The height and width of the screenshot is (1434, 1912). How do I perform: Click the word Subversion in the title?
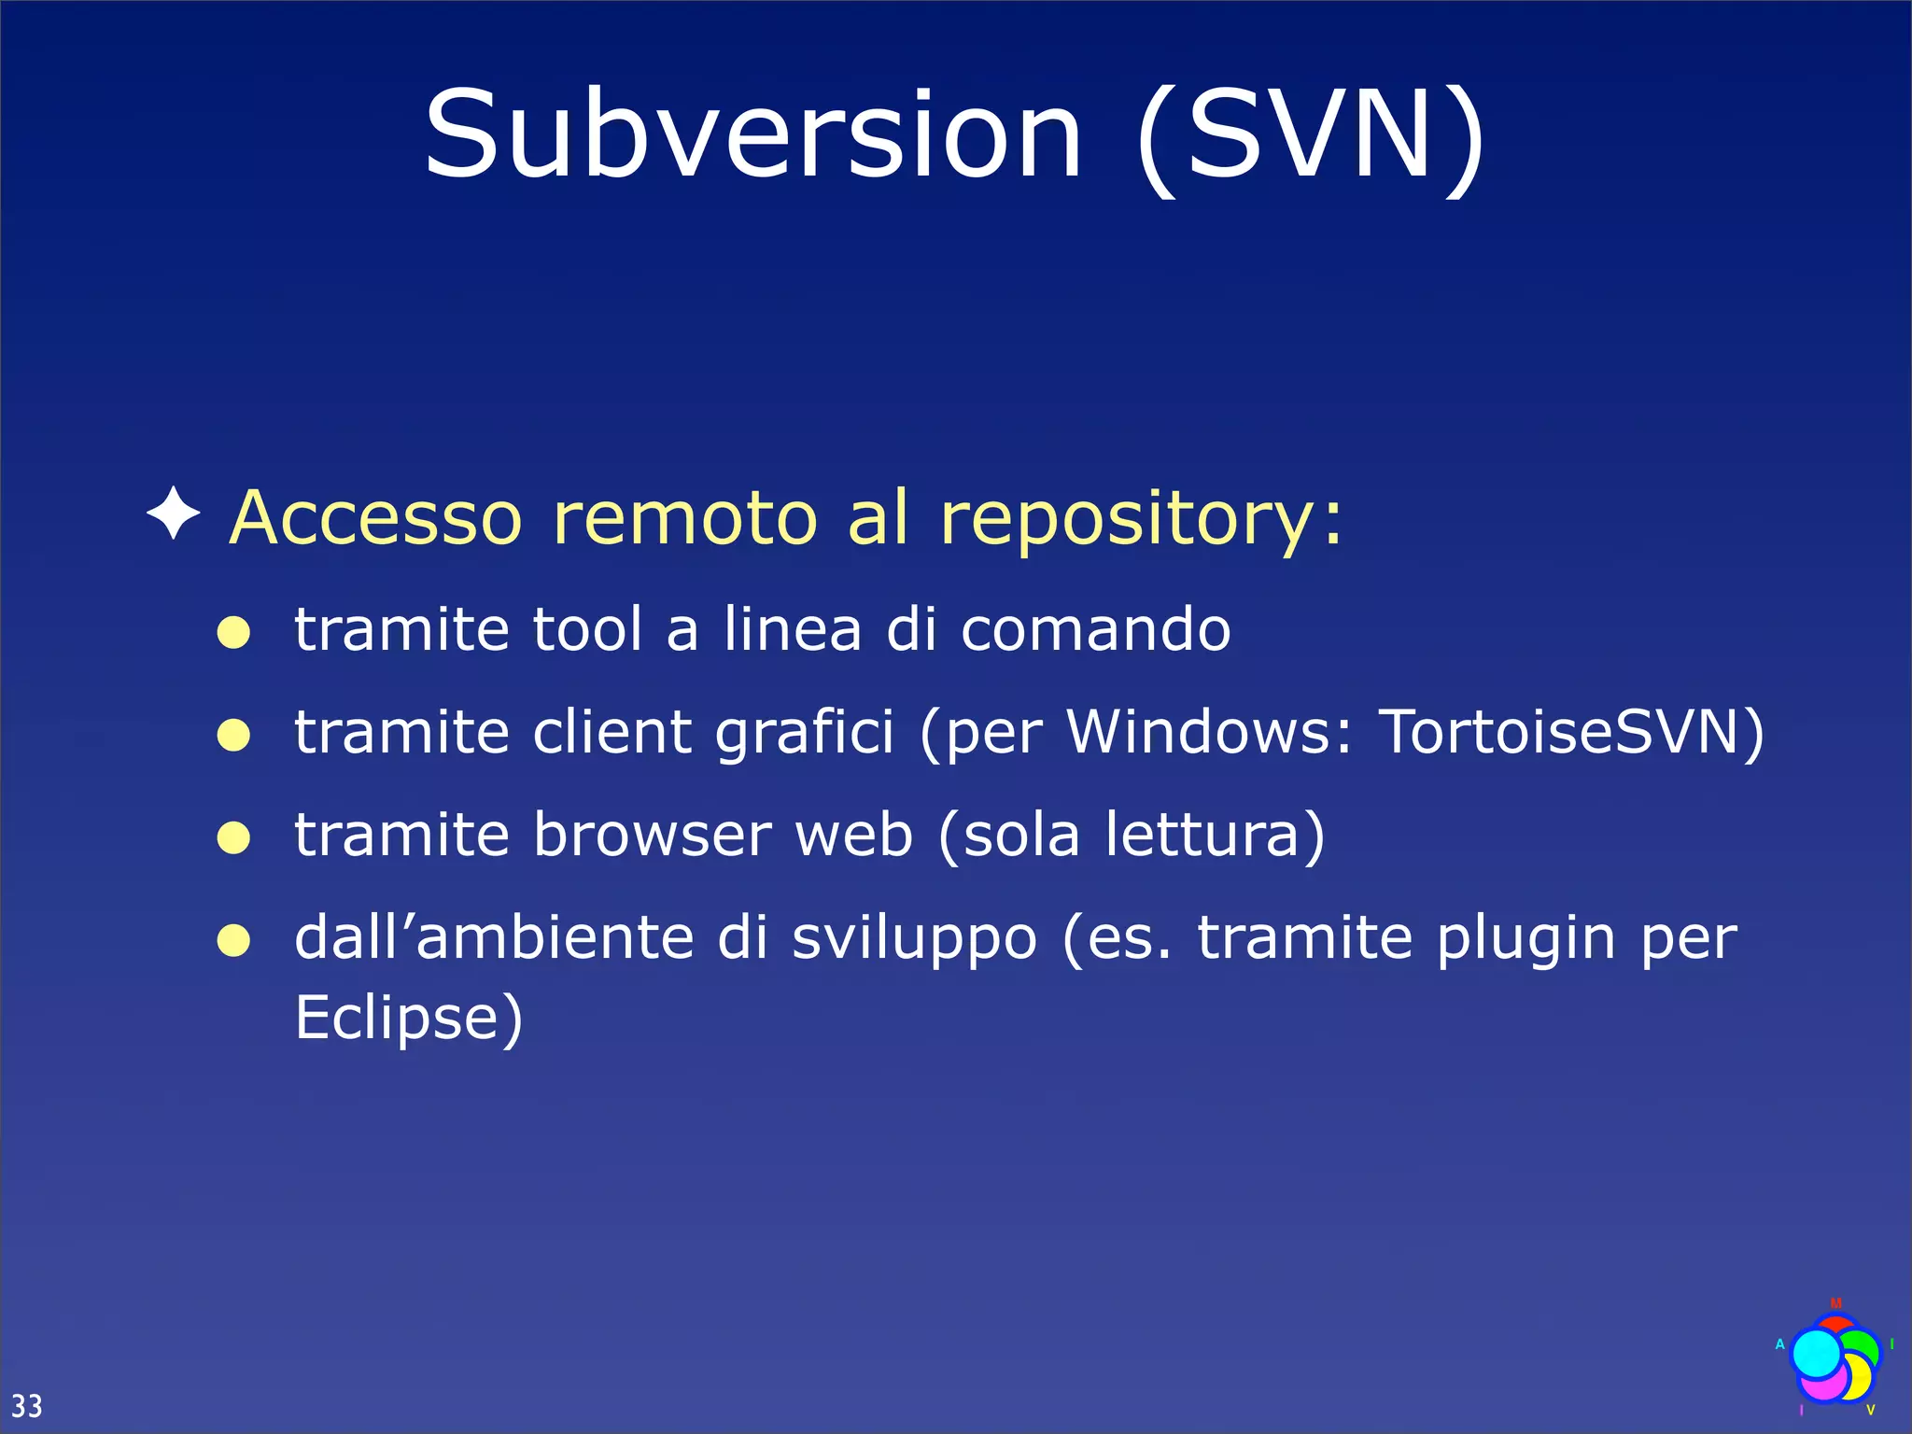(x=752, y=135)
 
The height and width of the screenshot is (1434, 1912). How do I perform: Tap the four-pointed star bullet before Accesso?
(x=174, y=513)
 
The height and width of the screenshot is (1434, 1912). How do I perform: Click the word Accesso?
(x=375, y=519)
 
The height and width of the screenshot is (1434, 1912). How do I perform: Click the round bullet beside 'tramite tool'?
(x=233, y=633)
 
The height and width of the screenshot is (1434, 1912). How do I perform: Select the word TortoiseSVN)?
(x=1572, y=733)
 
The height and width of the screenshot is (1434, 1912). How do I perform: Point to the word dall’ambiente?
(x=494, y=937)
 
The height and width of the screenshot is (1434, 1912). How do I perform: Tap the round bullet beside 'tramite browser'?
(x=233, y=837)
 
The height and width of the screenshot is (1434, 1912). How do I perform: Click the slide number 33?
(x=26, y=1405)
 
